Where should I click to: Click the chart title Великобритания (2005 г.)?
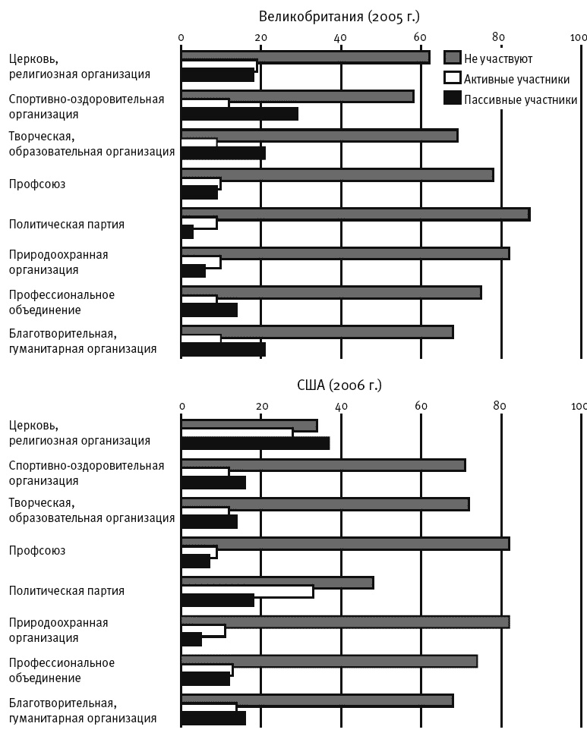pyautogui.click(x=339, y=16)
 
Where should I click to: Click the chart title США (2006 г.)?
pyautogui.click(x=339, y=385)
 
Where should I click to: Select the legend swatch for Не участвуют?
pyautogui.click(x=453, y=58)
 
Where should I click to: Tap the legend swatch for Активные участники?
pyautogui.click(x=453, y=78)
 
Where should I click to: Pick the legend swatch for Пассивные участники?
pyautogui.click(x=453, y=98)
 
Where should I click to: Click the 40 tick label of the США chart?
pyautogui.click(x=341, y=406)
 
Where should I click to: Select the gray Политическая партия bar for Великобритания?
pyautogui.click(x=355, y=214)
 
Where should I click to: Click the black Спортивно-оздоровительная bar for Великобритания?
pyautogui.click(x=239, y=114)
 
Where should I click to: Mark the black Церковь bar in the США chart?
pyautogui.click(x=255, y=444)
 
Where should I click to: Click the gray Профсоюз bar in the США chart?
pyautogui.click(x=345, y=543)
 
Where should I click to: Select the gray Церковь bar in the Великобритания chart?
pyautogui.click(x=305, y=57)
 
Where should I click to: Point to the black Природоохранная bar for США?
pyautogui.click(x=191, y=640)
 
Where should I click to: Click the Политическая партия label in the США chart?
pyautogui.click(x=66, y=590)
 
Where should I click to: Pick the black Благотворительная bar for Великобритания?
pyautogui.click(x=223, y=349)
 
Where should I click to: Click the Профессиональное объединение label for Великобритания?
pyautogui.click(x=62, y=302)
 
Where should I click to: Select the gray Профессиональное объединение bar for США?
pyautogui.click(x=329, y=661)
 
